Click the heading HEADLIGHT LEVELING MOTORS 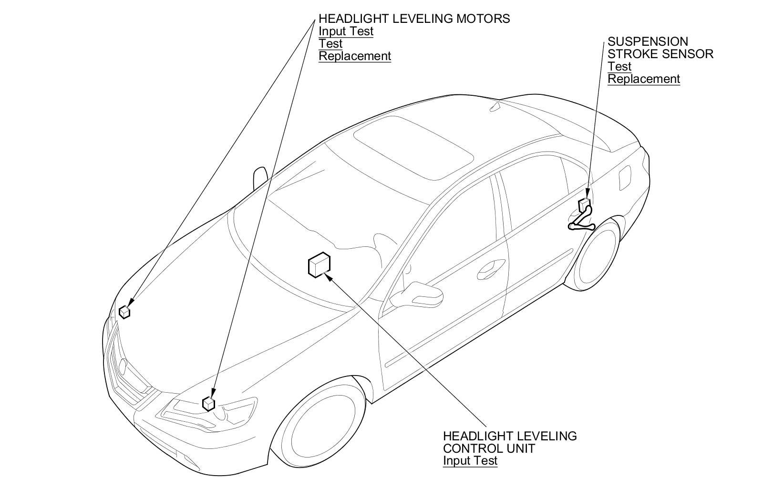tap(414, 19)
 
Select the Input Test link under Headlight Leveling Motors tap(346, 31)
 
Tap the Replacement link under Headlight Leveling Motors tap(354, 56)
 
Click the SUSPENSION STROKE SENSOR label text tap(660, 48)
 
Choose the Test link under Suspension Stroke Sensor tap(619, 66)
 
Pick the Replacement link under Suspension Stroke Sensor tap(643, 79)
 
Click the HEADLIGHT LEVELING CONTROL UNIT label tap(509, 442)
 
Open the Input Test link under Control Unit tap(470, 460)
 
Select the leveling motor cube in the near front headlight tap(208, 404)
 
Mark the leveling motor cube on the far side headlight tap(124, 312)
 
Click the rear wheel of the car tap(597, 257)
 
